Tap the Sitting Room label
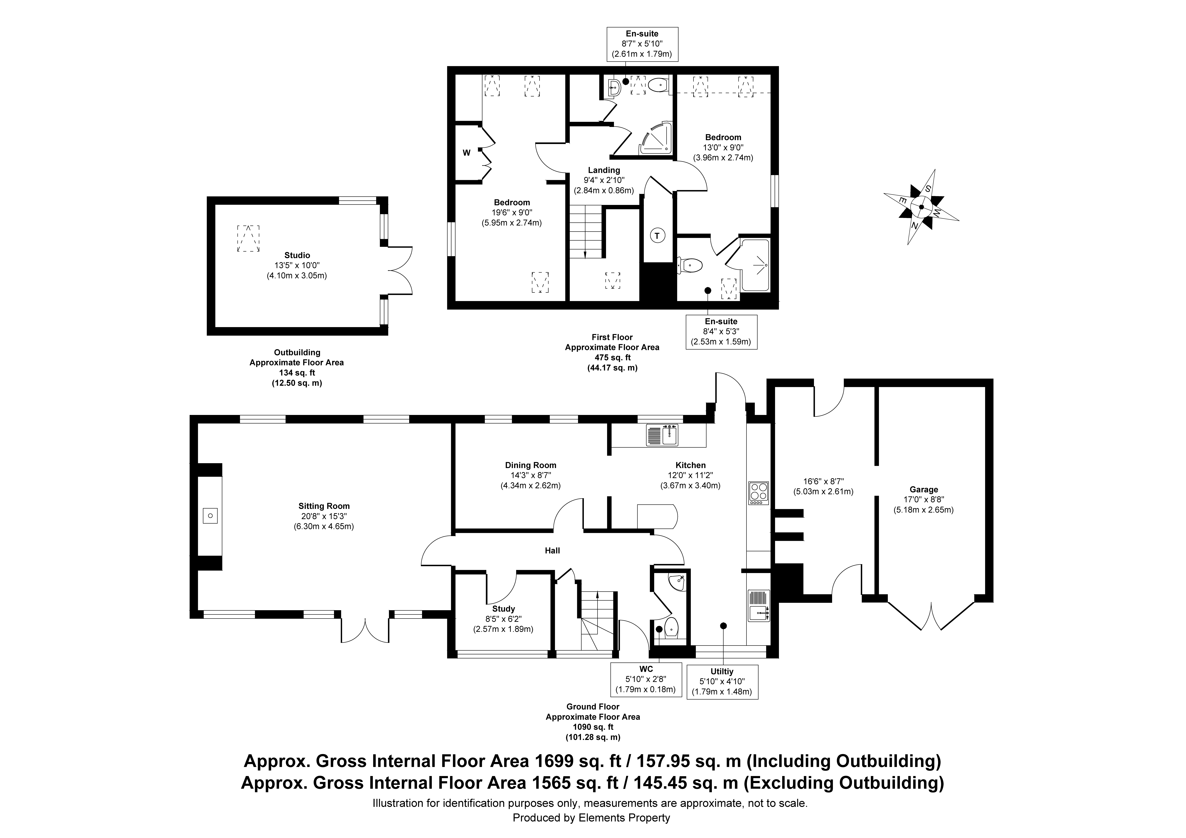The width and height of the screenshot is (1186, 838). click(x=324, y=506)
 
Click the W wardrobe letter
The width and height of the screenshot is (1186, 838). click(x=466, y=153)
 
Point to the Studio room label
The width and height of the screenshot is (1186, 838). click(x=297, y=255)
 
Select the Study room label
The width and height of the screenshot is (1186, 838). click(x=503, y=609)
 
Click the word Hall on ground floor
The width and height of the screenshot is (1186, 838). click(x=552, y=551)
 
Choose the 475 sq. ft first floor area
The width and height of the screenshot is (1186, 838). click(x=612, y=358)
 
